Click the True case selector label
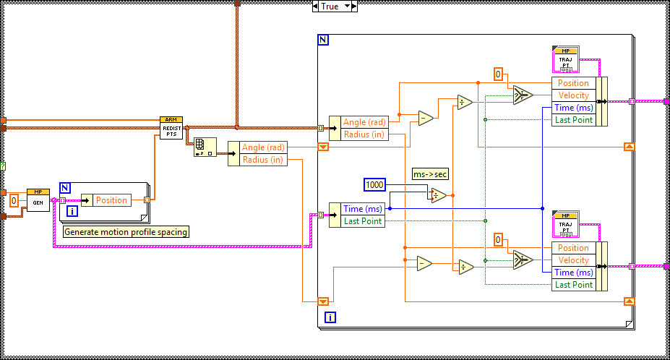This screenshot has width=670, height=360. coord(329,6)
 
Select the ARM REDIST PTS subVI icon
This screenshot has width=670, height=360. coord(171,128)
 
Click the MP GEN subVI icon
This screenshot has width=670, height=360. coord(38,200)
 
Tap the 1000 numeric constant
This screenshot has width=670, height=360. coord(375,185)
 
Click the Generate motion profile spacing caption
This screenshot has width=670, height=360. coord(126,232)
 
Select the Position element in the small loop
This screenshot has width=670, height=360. coord(111,200)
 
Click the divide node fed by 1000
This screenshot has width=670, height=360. coord(439,194)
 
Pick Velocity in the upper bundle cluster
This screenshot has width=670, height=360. coord(574,95)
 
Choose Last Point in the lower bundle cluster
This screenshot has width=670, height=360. coord(574,285)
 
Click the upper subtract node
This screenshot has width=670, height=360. coord(425,117)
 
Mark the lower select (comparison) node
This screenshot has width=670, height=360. coord(522,261)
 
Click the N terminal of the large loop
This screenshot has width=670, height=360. coord(323,40)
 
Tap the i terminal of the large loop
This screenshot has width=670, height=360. coord(330,317)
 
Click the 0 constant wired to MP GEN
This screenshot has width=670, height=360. coord(14,200)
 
